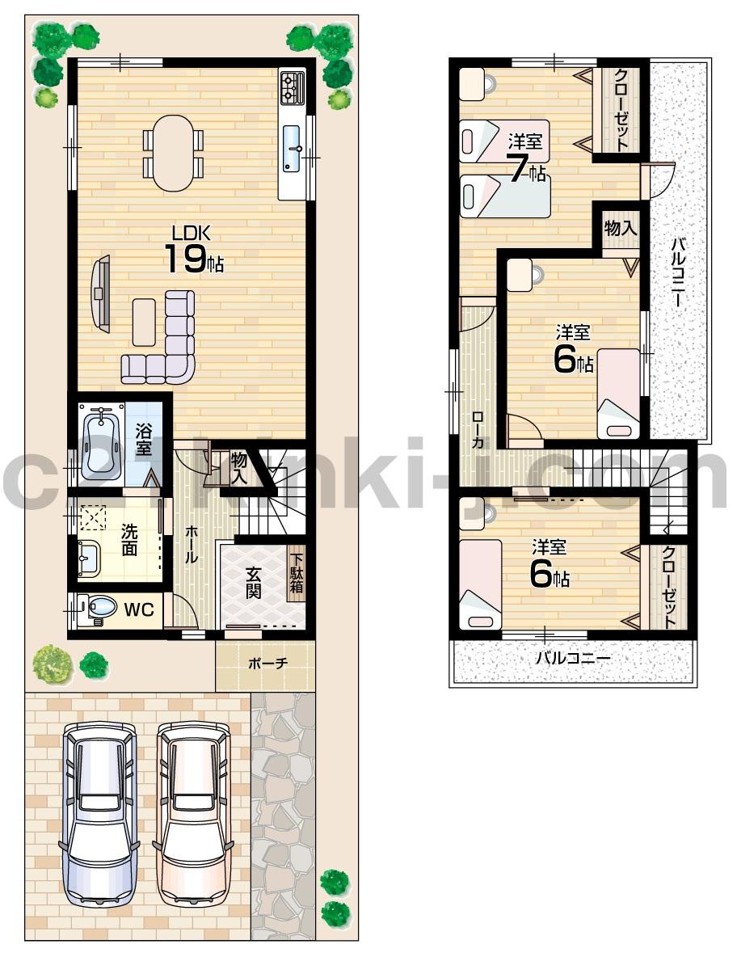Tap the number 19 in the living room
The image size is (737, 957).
[x=183, y=259]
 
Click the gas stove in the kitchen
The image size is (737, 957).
[x=292, y=87]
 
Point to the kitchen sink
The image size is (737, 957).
[x=292, y=149]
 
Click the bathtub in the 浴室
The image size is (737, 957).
[x=102, y=441]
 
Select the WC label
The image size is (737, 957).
[x=138, y=610]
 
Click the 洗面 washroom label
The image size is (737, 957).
[x=129, y=540]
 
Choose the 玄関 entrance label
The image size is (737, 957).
[x=254, y=582]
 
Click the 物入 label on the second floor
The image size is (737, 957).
[x=621, y=228]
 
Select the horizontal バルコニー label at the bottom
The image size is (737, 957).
[x=573, y=658]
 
